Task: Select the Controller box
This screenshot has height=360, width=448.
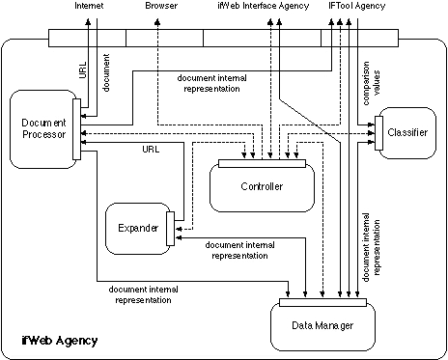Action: (262, 186)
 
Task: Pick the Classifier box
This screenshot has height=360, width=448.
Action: (407, 131)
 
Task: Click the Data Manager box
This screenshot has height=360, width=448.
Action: (323, 326)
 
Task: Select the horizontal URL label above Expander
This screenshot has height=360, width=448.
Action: (150, 150)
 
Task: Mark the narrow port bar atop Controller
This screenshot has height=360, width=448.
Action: (262, 163)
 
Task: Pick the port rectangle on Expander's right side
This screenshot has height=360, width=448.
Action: (171, 227)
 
